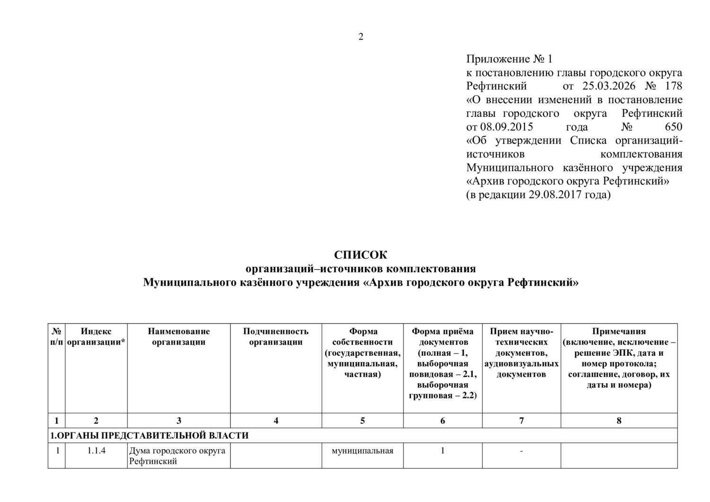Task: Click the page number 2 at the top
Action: tap(361, 37)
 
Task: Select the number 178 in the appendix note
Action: tap(674, 86)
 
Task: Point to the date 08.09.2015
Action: tap(506, 127)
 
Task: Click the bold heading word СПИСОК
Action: tap(361, 255)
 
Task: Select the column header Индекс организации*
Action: tap(96, 336)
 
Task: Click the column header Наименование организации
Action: tap(178, 336)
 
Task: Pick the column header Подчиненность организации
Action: tap(276, 336)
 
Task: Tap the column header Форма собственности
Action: tap(363, 352)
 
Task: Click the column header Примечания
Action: tap(619, 358)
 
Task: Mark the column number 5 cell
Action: tap(363, 421)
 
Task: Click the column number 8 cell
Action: tap(619, 421)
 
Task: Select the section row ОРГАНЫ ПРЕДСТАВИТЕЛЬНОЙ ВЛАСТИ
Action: tap(150, 435)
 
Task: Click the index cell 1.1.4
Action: tap(96, 451)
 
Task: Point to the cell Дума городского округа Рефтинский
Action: tap(177, 456)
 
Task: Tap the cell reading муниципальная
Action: tap(363, 451)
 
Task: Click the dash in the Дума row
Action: tap(521, 451)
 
